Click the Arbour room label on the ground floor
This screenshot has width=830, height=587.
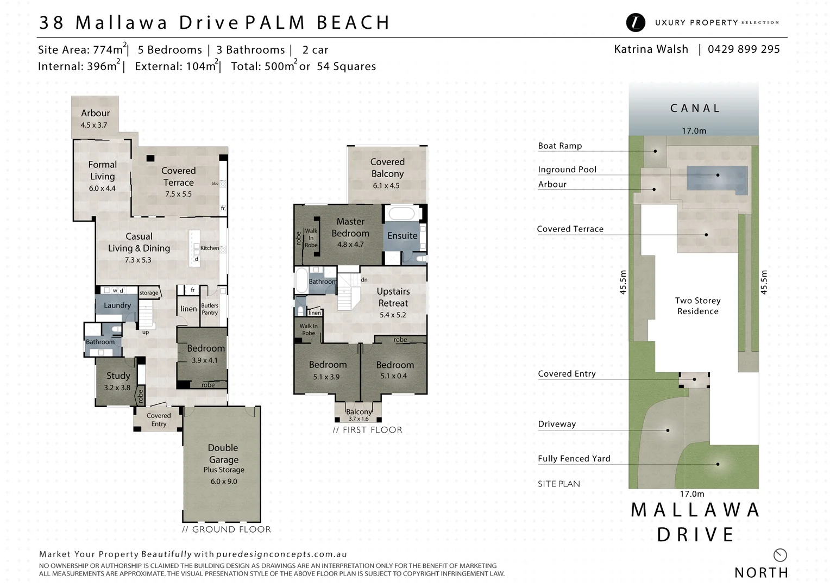click(95, 113)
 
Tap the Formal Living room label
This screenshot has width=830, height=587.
click(102, 170)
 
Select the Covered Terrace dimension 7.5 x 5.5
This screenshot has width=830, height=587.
click(178, 194)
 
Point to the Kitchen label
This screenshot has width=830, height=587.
click(210, 248)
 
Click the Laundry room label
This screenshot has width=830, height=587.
click(117, 305)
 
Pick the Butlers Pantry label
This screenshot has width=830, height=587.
click(210, 309)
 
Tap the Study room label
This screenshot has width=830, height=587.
click(118, 376)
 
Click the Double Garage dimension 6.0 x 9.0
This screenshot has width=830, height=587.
click(224, 482)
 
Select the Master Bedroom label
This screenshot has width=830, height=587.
click(350, 227)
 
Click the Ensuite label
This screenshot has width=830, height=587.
click(402, 235)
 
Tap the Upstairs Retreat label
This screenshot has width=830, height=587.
click(393, 297)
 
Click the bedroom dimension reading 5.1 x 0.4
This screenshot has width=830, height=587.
click(394, 376)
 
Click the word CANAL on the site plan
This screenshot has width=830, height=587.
click(695, 108)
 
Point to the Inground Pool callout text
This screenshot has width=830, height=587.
click(567, 170)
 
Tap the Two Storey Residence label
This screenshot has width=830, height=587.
click(697, 305)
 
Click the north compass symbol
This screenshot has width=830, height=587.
click(780, 555)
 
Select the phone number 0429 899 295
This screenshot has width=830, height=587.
click(744, 49)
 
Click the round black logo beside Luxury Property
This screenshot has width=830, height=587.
click(636, 22)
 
